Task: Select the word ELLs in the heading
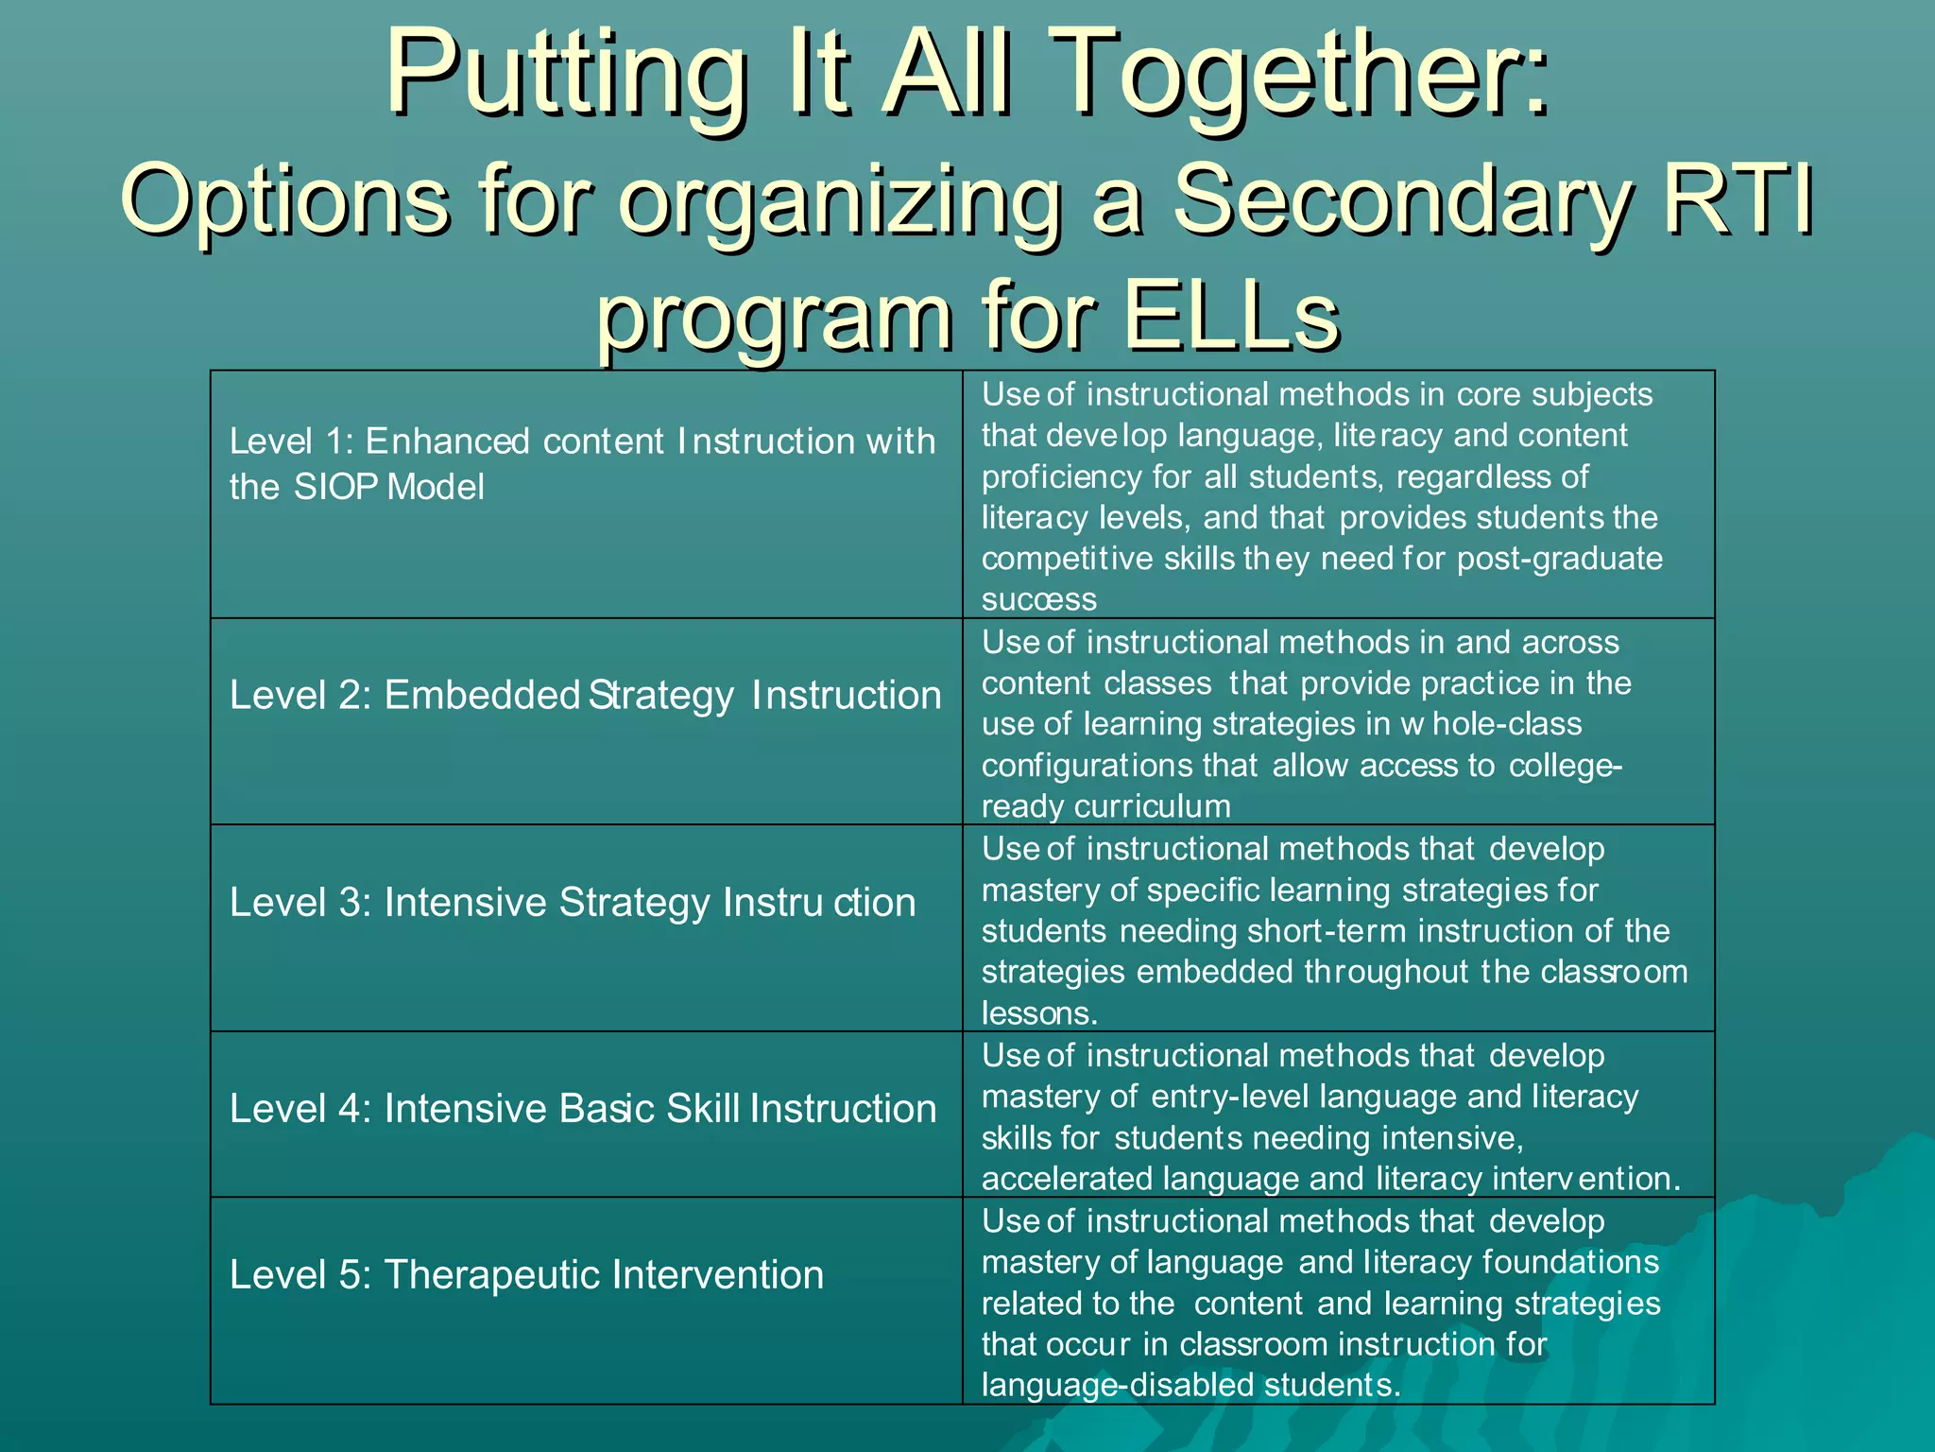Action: (x=1230, y=316)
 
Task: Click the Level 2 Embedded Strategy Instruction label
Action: (x=585, y=696)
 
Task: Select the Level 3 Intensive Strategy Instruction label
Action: (x=573, y=903)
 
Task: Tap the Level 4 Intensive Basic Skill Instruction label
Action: (x=582, y=1109)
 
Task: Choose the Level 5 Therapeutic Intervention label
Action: (x=526, y=1275)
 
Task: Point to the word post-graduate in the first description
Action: (x=1559, y=559)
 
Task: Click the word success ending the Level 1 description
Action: (x=1038, y=599)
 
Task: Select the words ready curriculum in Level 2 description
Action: (x=1105, y=806)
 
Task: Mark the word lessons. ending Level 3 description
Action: (x=1039, y=1013)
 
